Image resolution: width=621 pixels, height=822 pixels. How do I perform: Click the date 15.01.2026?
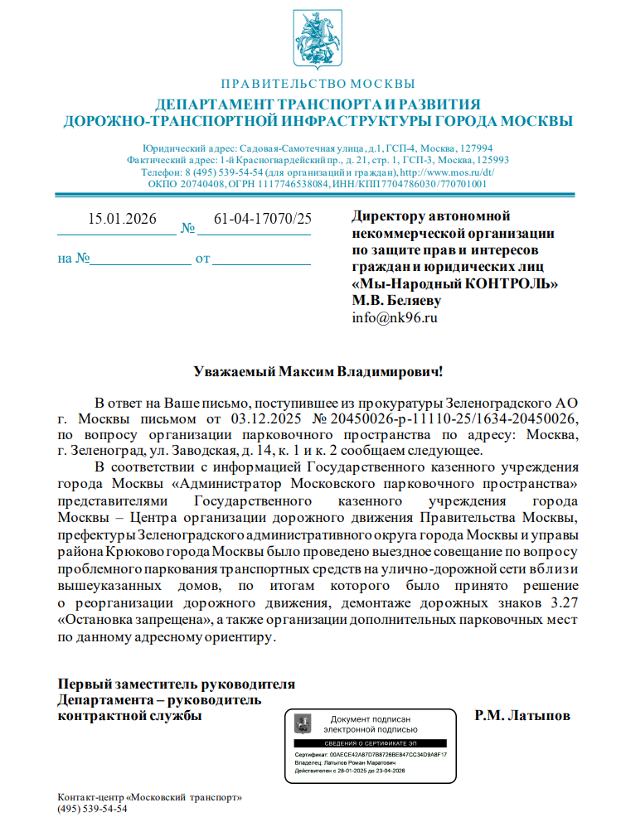[x=122, y=220]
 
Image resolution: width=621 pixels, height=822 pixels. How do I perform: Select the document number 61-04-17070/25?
[x=263, y=220]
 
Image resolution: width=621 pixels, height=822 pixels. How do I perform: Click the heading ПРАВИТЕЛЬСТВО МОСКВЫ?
[x=318, y=85]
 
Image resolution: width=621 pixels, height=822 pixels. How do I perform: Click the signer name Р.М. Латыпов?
[x=522, y=715]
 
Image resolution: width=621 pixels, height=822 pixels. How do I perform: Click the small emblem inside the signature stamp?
[x=304, y=724]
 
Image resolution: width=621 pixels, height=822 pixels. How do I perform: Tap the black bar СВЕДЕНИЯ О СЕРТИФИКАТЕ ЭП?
[x=371, y=744]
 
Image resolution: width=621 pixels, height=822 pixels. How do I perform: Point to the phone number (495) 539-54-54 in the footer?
[x=92, y=809]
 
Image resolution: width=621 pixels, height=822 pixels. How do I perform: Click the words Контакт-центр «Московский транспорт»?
[x=149, y=797]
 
